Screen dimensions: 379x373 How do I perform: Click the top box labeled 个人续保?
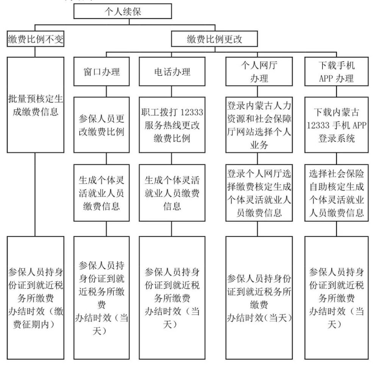[x=122, y=11]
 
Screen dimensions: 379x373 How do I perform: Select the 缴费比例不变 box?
[x=36, y=39]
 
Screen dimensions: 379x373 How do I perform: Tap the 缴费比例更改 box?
[x=215, y=39]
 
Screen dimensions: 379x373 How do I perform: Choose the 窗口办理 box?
[x=102, y=72]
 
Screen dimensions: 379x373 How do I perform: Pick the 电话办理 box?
[x=172, y=72]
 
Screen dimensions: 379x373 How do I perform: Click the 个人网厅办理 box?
[x=259, y=72]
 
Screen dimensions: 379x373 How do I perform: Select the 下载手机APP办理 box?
[x=337, y=72]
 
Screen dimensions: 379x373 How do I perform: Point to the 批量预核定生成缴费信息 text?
[x=36, y=105]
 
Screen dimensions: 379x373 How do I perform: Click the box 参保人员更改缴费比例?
[x=102, y=125]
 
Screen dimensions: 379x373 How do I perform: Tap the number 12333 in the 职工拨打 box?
[x=192, y=112]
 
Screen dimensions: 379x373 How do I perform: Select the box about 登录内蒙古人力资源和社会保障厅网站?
[x=259, y=125]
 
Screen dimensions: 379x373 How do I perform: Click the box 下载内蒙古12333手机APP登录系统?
[x=337, y=125]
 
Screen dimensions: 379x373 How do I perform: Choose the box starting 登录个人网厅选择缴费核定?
[x=259, y=193]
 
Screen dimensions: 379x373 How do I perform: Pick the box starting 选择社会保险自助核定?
[x=337, y=193]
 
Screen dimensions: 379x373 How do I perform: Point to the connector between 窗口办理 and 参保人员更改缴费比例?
[x=106, y=91]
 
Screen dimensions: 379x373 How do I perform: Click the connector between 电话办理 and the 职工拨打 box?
[x=172, y=91]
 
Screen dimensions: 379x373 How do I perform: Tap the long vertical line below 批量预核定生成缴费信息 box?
[x=35, y=194]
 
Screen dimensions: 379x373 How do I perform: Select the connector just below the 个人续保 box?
[x=129, y=22]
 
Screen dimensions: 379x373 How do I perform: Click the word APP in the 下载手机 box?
[x=326, y=78]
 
